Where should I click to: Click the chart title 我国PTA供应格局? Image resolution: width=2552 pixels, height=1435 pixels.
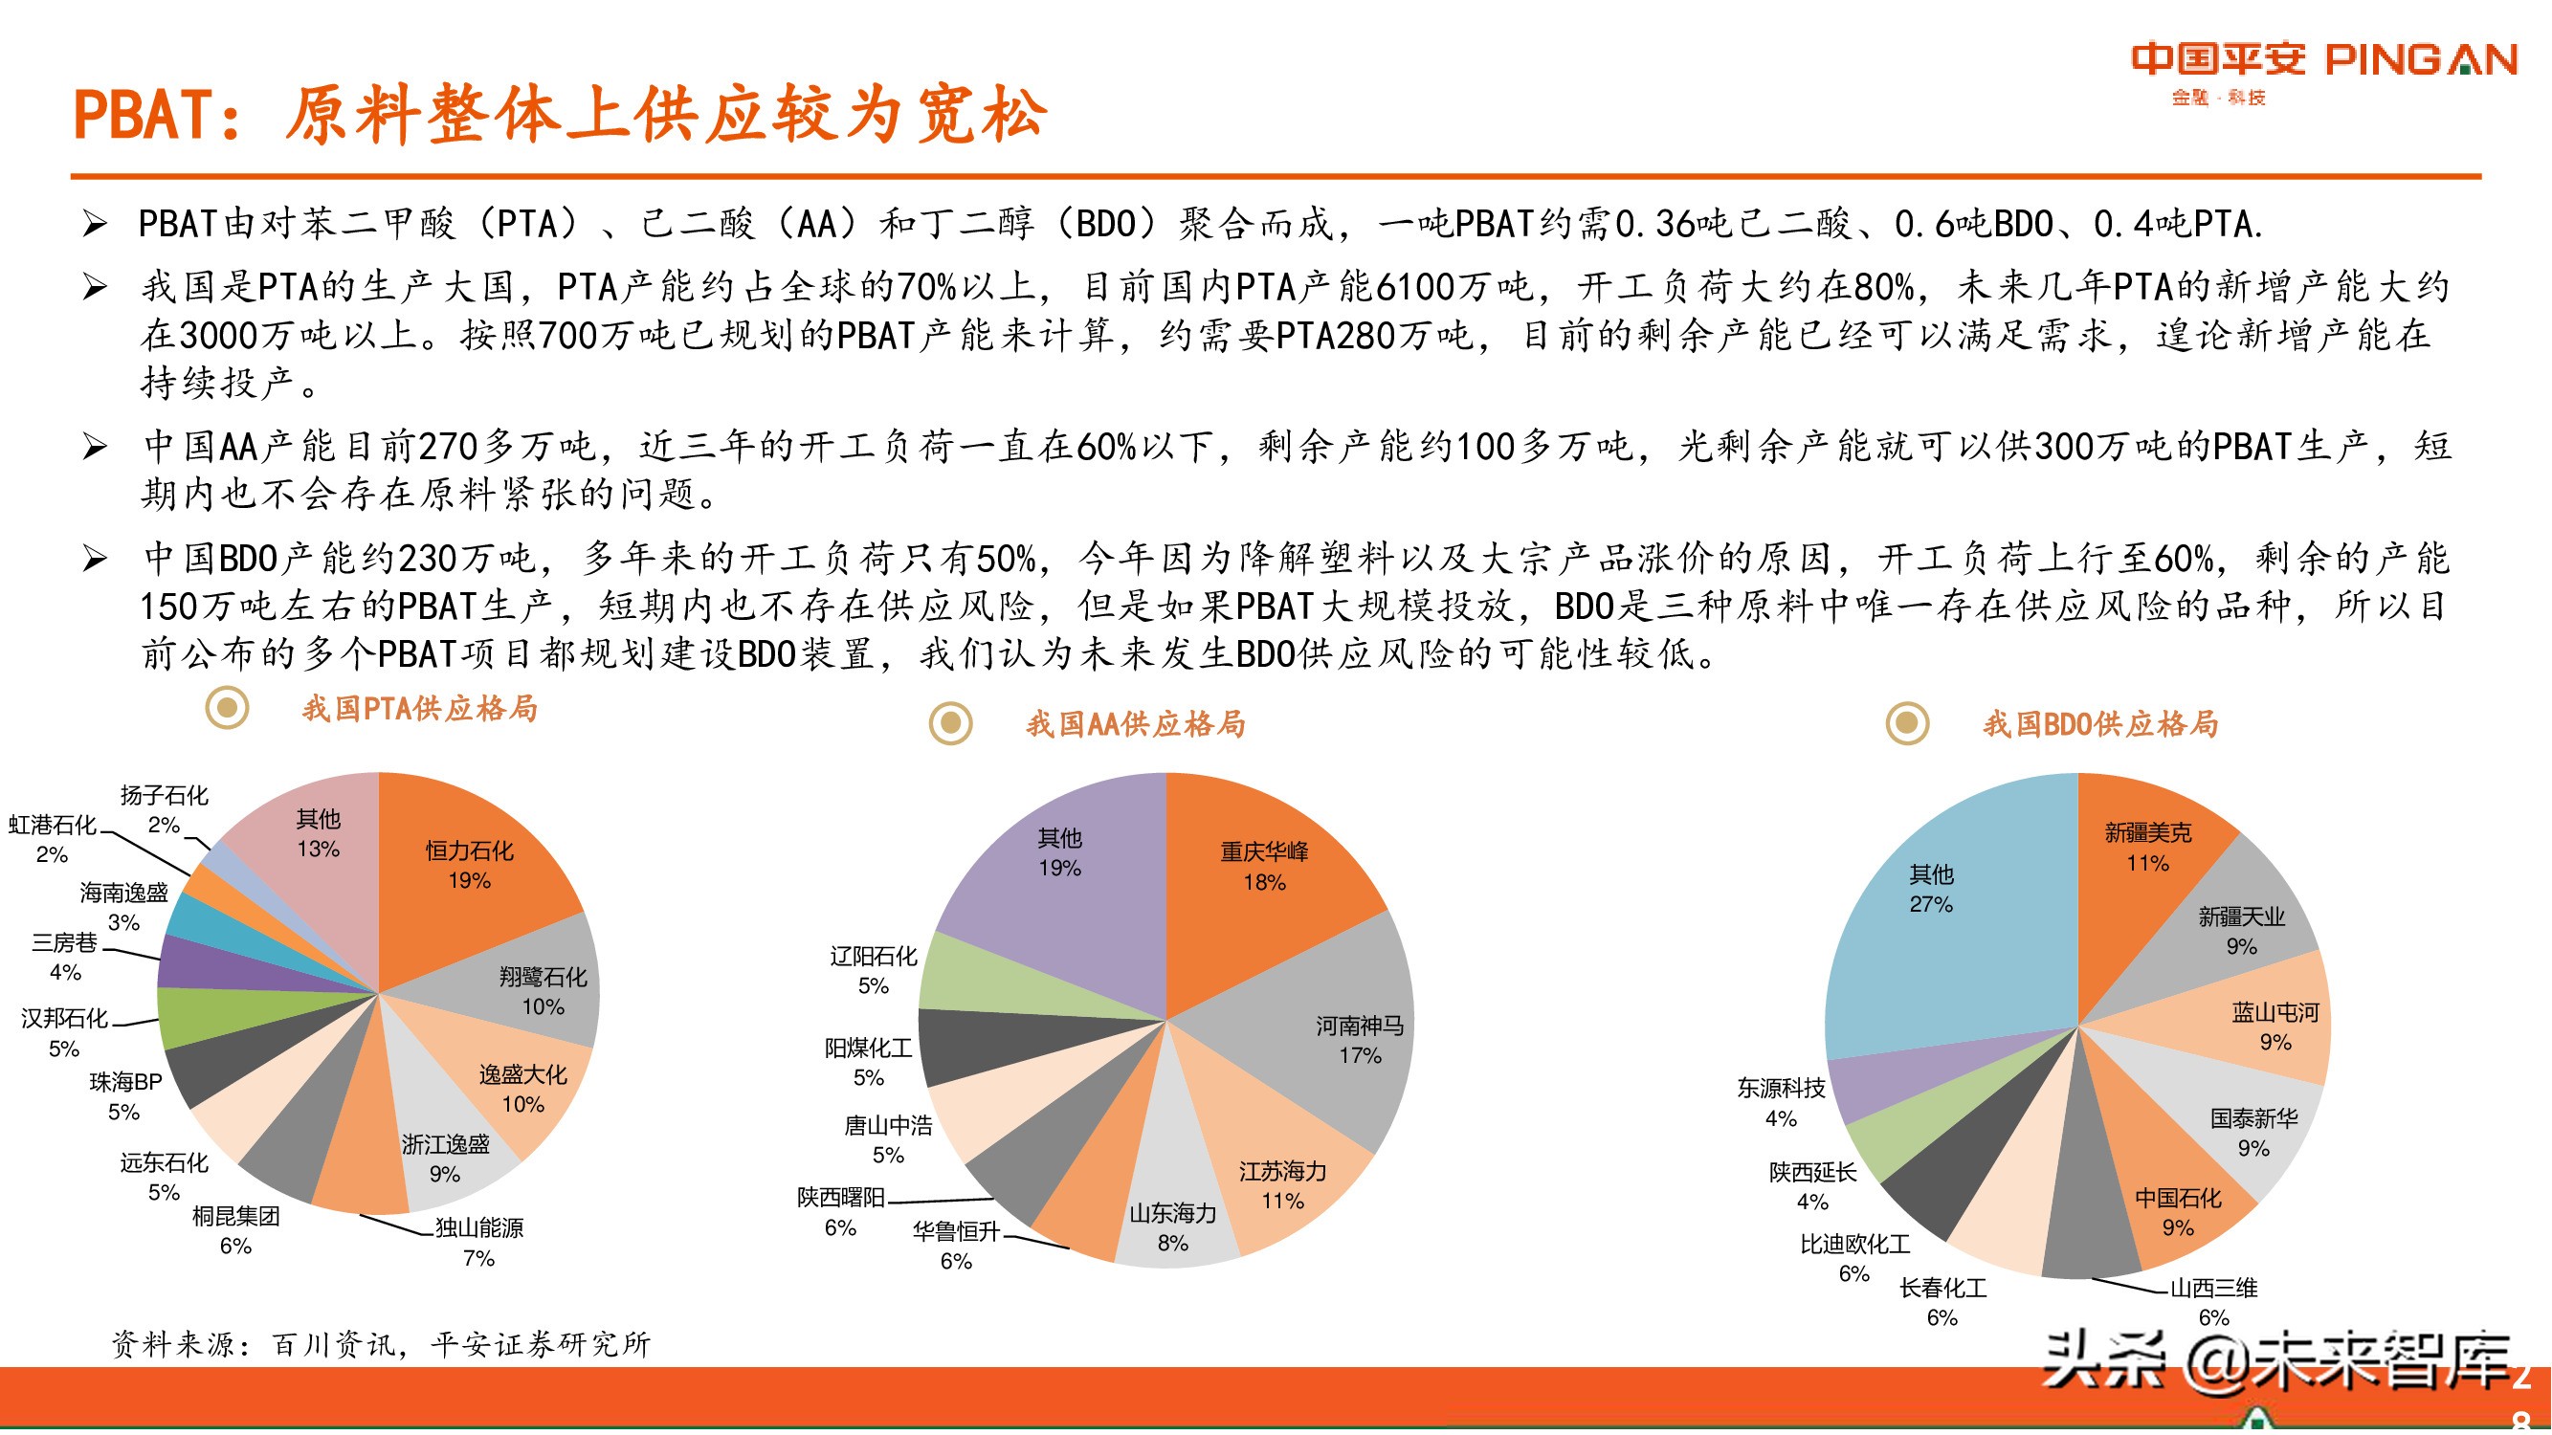pos(420,708)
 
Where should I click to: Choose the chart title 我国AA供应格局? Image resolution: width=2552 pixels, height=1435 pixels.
pos(1135,724)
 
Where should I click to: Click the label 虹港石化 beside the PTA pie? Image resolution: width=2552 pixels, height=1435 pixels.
pos(53,824)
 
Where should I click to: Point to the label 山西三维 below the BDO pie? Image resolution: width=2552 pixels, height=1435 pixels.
pos(2213,1288)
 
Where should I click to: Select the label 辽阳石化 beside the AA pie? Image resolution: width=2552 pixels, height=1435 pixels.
pos(873,956)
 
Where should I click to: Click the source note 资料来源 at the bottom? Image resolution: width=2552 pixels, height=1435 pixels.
pos(382,1344)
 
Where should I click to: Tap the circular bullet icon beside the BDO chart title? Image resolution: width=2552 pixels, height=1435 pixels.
pos(1907,723)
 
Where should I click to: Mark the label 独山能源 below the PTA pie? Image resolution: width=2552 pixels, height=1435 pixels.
pos(479,1228)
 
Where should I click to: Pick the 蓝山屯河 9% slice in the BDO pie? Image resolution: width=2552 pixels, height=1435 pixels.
pos(2275,1026)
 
